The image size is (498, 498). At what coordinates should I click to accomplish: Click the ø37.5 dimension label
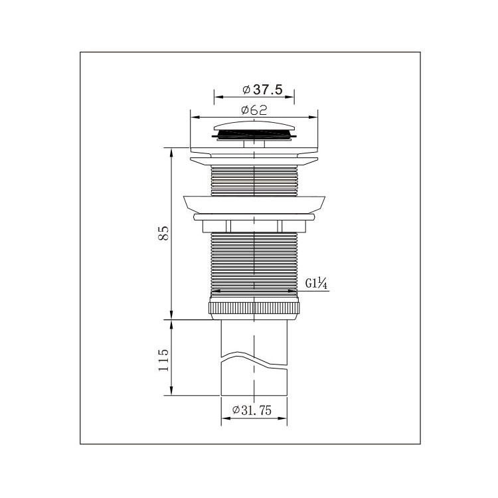point(262,90)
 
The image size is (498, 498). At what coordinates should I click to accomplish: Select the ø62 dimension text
point(254,110)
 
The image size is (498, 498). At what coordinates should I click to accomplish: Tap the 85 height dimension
point(163,233)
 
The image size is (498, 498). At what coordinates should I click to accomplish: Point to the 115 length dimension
point(163,360)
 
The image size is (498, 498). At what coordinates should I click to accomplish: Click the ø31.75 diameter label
point(252,410)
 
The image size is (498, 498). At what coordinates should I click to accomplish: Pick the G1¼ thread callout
point(316,283)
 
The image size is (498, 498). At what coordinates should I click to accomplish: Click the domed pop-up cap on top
point(254,127)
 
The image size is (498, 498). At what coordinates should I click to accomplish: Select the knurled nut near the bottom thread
point(254,308)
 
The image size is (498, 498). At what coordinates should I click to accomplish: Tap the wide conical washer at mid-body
point(254,205)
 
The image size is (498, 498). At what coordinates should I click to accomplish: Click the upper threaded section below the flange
point(254,181)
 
